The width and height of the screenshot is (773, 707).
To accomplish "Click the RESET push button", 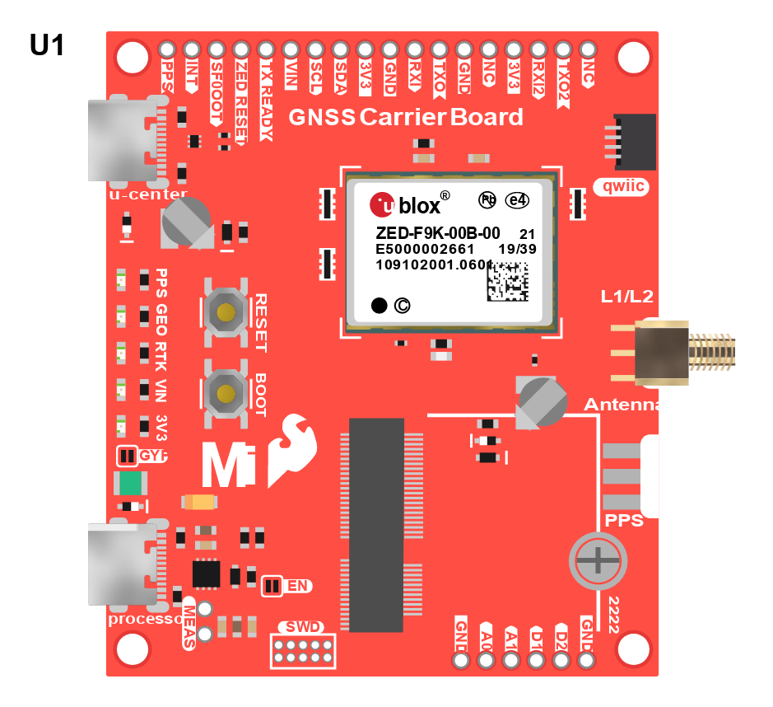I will tap(225, 311).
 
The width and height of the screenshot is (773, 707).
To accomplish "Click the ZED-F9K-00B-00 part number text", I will tap(437, 232).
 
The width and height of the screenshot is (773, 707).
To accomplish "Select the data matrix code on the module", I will tap(505, 281).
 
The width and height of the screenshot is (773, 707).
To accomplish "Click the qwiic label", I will tap(621, 187).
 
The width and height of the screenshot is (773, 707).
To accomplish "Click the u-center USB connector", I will tap(122, 140).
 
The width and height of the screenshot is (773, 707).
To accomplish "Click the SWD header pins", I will tap(304, 650).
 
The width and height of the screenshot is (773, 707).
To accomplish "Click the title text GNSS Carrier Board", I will tap(405, 117).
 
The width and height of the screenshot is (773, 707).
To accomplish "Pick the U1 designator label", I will tap(47, 45).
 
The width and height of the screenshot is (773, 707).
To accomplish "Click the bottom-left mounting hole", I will tap(132, 649).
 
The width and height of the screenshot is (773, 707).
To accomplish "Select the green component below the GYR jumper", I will tap(129, 484).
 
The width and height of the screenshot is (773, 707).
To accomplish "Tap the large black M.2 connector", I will tap(376, 524).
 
